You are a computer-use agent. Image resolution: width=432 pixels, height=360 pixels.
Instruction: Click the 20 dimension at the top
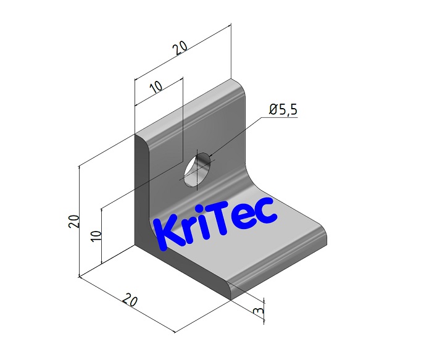pyautogui.click(x=178, y=49)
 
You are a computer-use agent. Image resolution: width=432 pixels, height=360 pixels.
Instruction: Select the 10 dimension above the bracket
pyautogui.click(x=156, y=86)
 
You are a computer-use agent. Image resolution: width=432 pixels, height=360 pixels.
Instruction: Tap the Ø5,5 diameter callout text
pyautogui.click(x=283, y=109)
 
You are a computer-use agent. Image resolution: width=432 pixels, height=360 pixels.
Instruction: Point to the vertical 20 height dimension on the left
pyautogui.click(x=73, y=220)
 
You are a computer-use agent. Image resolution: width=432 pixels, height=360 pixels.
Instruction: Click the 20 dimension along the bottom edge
pyautogui.click(x=130, y=301)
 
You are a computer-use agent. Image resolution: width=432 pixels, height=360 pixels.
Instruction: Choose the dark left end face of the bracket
pyautogui.click(x=141, y=198)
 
